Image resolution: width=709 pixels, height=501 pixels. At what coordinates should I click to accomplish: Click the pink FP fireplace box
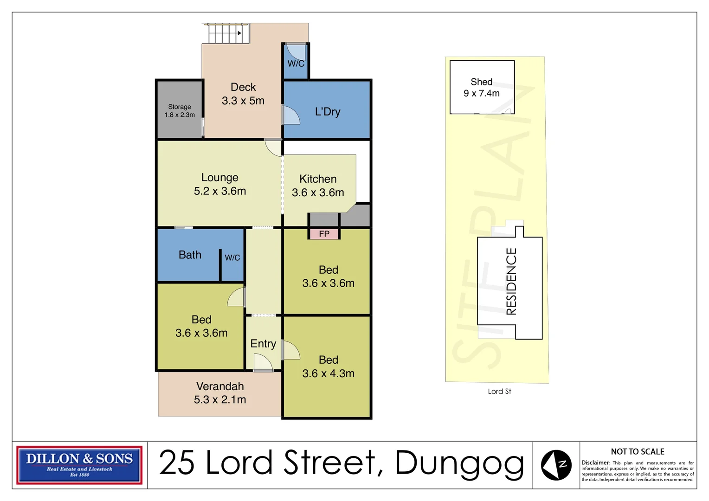coord(324,234)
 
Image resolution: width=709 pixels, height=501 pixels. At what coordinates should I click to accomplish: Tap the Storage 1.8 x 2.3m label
coord(180,110)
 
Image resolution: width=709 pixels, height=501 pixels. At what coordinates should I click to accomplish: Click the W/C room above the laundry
coord(296,61)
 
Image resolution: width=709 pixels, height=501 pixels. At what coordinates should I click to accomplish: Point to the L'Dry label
coord(328,112)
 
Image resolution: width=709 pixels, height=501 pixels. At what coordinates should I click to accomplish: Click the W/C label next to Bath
coord(232,257)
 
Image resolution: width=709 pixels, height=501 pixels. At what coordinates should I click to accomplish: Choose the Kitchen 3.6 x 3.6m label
coord(318,186)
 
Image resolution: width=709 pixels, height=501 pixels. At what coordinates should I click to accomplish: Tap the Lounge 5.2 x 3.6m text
coord(220,184)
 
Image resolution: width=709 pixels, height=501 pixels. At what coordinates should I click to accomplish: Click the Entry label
coord(263,344)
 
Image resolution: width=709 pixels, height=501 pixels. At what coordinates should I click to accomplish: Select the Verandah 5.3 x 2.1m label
coord(220,393)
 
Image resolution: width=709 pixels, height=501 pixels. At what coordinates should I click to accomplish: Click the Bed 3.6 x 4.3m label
coord(328,366)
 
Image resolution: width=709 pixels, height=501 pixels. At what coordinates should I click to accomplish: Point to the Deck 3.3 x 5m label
coord(243,94)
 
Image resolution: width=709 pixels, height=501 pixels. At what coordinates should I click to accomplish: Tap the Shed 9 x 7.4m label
coord(482,87)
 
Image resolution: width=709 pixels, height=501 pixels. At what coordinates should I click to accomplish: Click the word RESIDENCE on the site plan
coord(511,281)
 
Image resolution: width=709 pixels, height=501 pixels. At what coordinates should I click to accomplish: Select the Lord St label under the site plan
coord(499,392)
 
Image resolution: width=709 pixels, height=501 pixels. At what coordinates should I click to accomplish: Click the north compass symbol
coord(556,465)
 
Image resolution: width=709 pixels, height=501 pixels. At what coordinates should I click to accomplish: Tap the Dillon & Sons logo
coord(79,465)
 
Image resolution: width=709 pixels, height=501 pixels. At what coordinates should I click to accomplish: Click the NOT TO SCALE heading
coord(638,452)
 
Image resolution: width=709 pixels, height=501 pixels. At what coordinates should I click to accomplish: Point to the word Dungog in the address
coord(459,463)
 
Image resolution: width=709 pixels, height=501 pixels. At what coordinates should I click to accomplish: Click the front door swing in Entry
coord(263,362)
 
